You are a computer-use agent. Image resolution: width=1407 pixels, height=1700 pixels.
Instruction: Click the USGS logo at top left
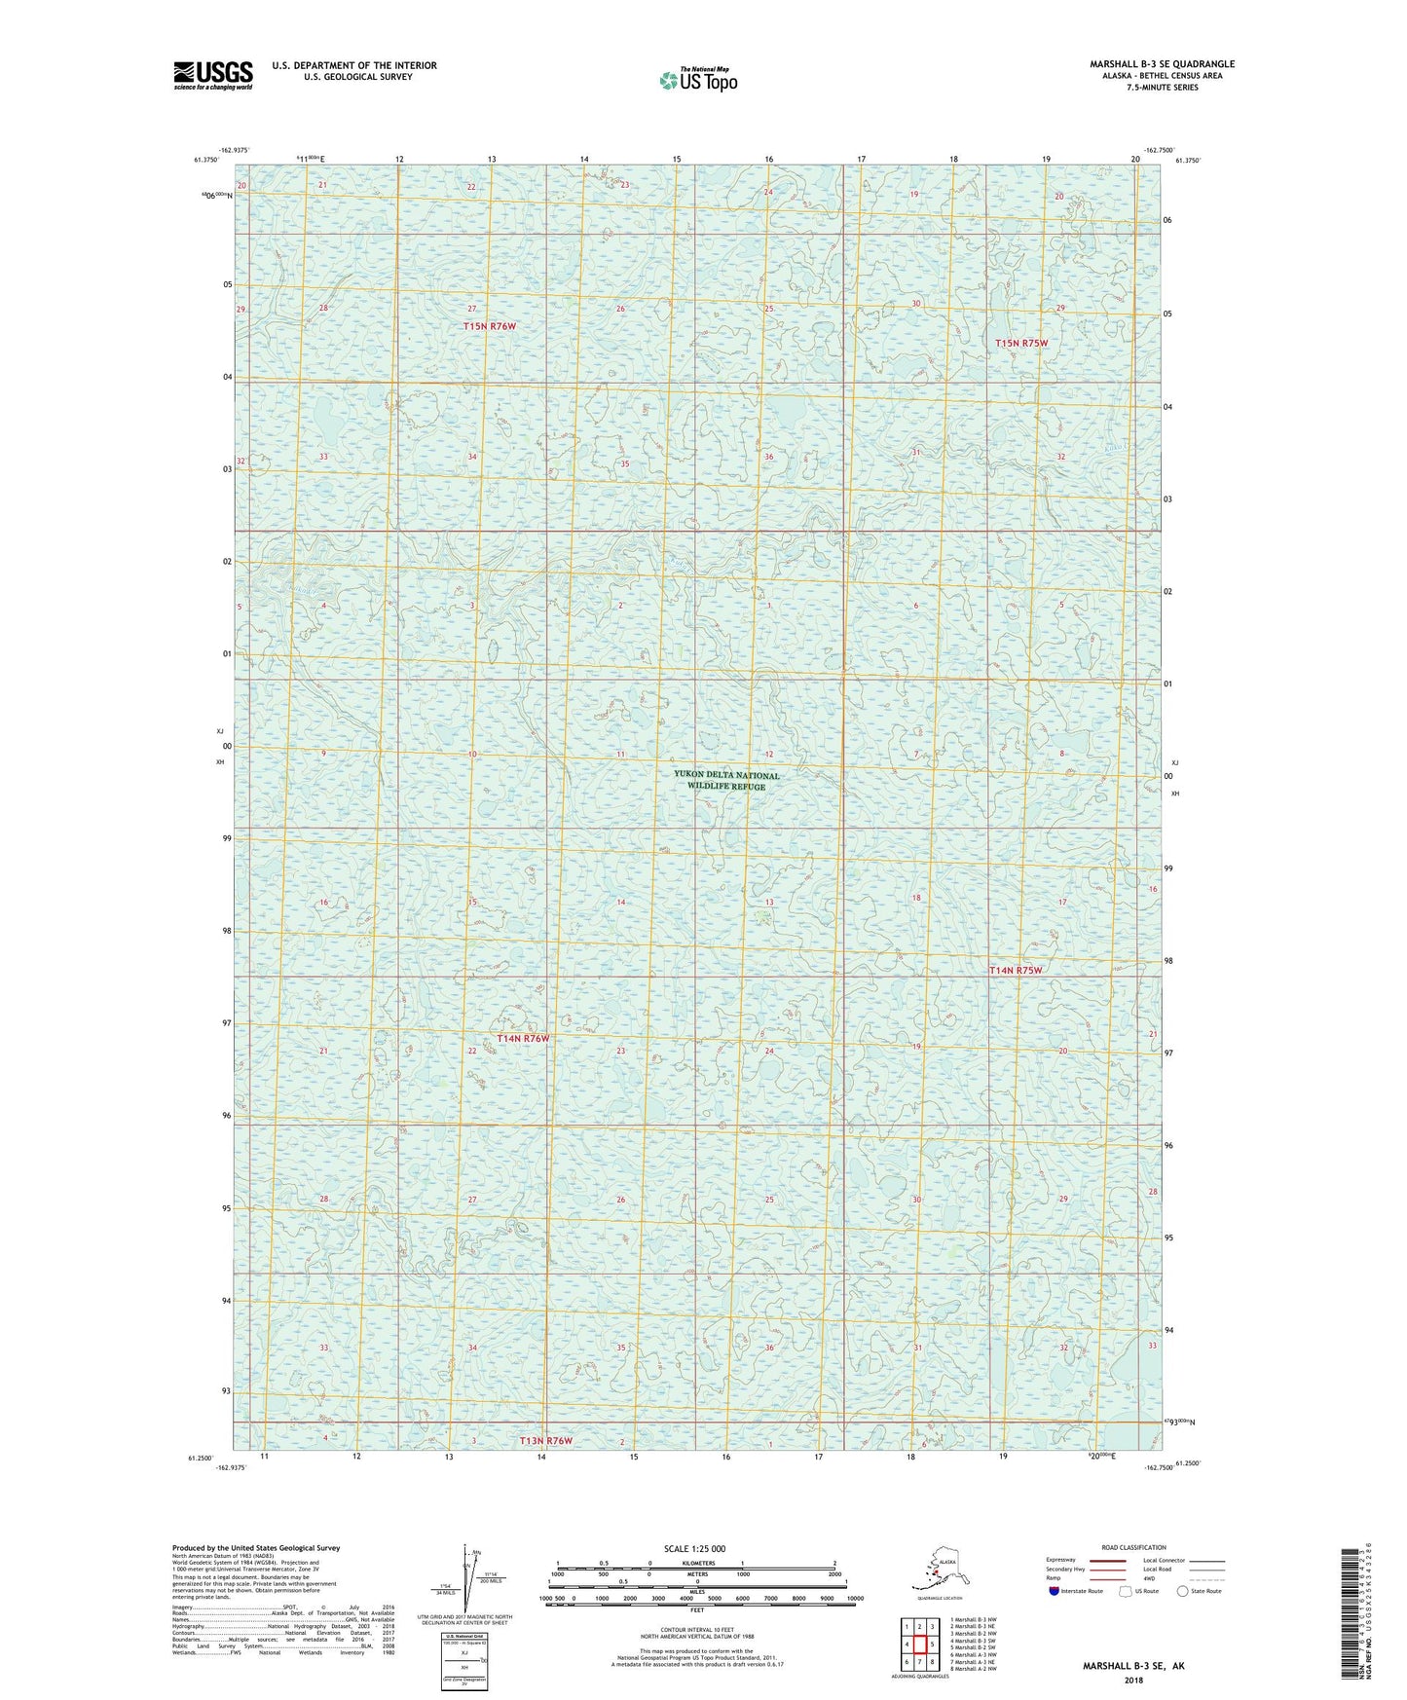coord(212,75)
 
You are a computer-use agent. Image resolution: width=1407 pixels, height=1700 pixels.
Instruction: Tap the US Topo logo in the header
coord(697,80)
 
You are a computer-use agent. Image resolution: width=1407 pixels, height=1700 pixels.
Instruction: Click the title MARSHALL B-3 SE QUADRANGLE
coord(1162,64)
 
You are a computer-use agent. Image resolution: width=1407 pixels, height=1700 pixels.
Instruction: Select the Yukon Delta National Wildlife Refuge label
coord(726,780)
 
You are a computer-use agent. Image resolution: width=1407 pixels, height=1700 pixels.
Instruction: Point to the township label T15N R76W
coord(490,326)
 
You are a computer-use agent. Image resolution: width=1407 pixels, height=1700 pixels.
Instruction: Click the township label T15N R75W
coord(1021,344)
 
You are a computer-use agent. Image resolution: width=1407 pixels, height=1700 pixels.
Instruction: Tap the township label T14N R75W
coord(1016,971)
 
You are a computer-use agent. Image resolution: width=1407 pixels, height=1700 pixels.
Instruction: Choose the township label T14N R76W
coord(524,1039)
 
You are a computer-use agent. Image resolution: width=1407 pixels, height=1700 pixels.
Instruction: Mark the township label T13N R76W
coord(546,1440)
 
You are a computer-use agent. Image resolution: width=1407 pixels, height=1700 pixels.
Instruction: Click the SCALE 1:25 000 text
coord(694,1548)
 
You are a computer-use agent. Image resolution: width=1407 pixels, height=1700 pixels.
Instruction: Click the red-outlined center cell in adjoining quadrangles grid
coord(919,1645)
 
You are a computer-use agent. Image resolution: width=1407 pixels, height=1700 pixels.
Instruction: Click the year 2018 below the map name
coord(1133,1680)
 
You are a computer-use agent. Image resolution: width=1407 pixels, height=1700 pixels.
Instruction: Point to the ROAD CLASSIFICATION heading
coord(1133,1547)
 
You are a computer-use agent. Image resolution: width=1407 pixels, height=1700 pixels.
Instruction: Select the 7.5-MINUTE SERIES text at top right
coord(1162,88)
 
